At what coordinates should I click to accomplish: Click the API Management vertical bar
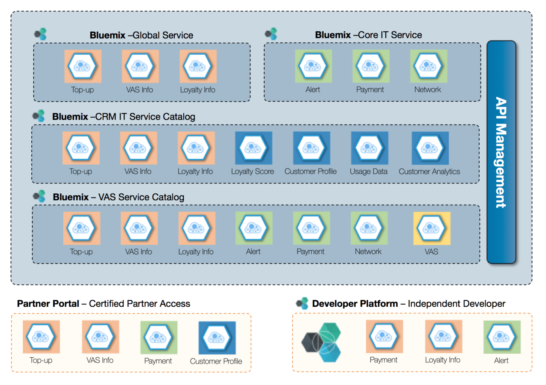click(501, 152)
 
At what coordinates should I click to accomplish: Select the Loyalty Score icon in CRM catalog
click(254, 148)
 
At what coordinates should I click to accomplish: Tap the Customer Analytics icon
click(430, 148)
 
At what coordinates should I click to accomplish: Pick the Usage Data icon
click(369, 148)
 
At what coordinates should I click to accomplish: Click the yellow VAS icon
click(432, 228)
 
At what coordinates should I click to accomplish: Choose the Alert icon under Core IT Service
click(313, 66)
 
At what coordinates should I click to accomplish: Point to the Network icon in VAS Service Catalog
click(369, 228)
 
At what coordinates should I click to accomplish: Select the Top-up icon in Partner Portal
click(41, 337)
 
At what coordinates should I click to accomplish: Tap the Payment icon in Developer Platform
click(384, 337)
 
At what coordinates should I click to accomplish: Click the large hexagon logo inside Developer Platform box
click(322, 343)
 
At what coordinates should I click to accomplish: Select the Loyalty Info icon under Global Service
click(198, 66)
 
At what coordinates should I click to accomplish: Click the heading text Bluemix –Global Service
click(141, 35)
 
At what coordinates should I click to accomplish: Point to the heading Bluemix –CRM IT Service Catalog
click(123, 116)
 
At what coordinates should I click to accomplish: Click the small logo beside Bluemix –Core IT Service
click(271, 34)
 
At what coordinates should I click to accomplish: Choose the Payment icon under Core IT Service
click(371, 66)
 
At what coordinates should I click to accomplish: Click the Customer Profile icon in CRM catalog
click(311, 148)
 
